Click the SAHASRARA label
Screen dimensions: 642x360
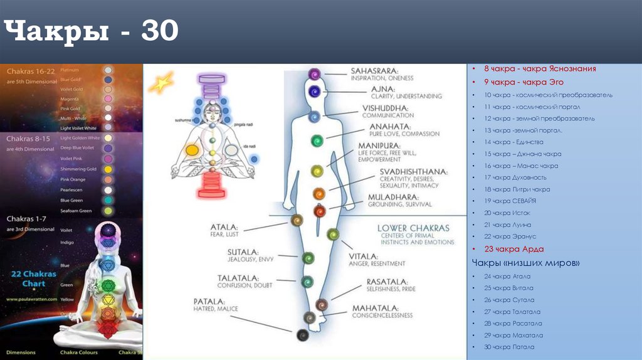point(374,70)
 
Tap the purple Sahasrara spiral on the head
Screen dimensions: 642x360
point(313,74)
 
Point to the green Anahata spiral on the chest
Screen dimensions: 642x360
point(317,142)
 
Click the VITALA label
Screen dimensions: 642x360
point(364,256)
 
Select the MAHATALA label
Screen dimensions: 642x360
point(376,307)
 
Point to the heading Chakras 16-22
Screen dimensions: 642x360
point(29,72)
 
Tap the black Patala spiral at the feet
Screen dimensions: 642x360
point(303,336)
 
